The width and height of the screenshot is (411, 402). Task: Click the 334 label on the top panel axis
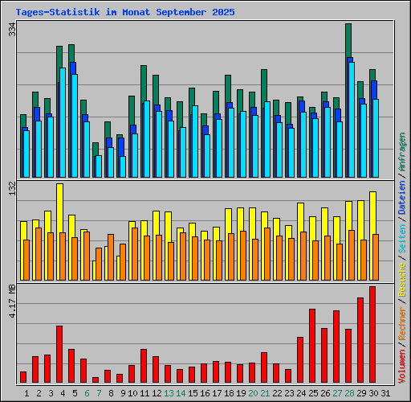tap(11, 30)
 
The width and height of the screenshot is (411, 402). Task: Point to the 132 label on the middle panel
tap(11, 189)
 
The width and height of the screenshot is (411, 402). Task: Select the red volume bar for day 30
tap(372, 334)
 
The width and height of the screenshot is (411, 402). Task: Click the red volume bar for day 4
tap(59, 354)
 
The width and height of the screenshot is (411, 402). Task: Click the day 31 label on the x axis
tap(385, 393)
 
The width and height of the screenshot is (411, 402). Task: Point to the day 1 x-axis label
tap(26, 393)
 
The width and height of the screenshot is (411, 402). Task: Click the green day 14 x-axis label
tap(181, 393)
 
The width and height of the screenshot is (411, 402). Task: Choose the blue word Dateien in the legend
tap(402, 198)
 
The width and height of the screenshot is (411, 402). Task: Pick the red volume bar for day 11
tap(144, 366)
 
